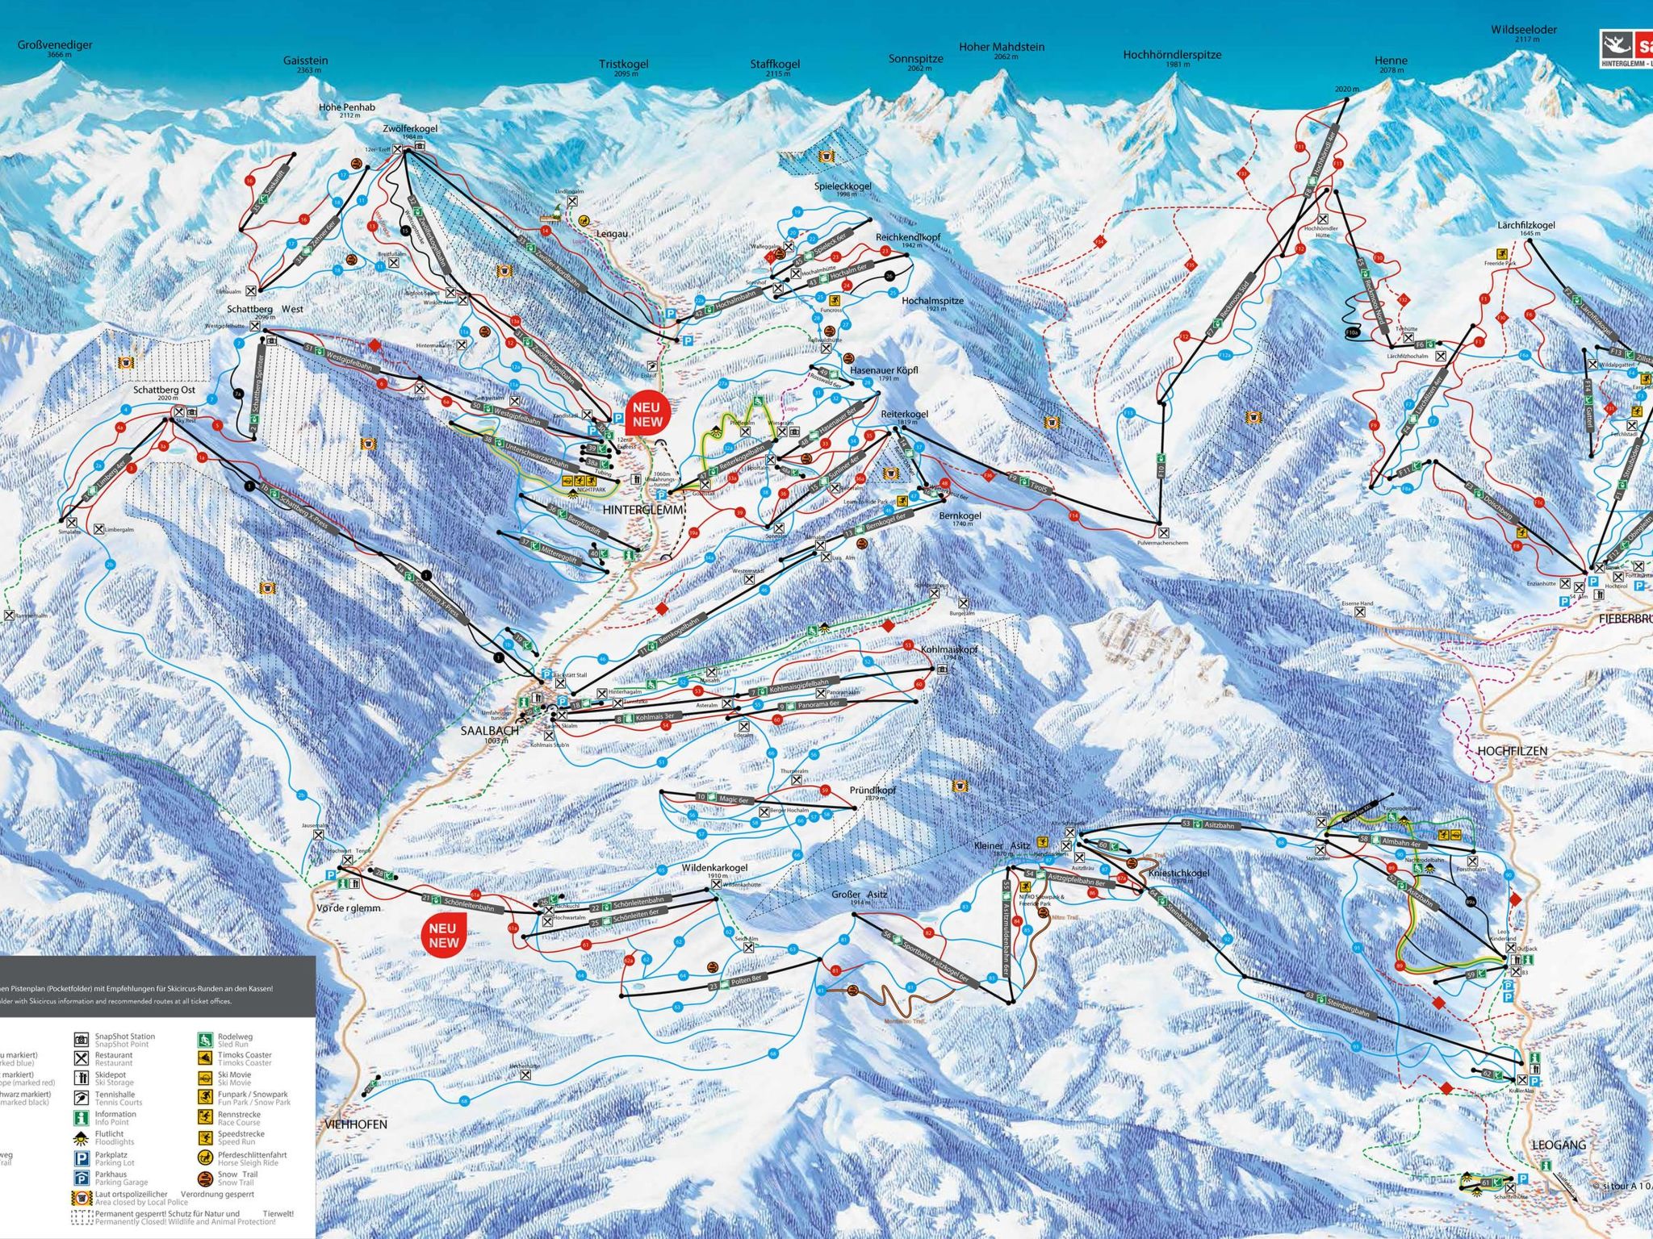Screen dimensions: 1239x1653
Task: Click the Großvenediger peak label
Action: [55, 45]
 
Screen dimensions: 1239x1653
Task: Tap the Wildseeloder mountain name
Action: [1524, 30]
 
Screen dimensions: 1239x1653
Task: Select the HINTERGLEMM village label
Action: [643, 510]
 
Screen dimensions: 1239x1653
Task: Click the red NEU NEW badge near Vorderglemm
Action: [443, 936]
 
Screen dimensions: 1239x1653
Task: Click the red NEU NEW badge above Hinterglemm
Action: [647, 415]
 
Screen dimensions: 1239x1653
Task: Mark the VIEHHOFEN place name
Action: [356, 1124]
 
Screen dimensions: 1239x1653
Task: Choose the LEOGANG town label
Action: [1559, 1145]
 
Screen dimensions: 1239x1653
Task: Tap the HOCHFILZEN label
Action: [1512, 751]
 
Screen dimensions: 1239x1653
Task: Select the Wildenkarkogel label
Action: [714, 868]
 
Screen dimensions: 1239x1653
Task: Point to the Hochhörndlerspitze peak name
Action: [1172, 55]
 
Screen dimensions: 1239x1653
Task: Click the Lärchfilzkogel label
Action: [1525, 226]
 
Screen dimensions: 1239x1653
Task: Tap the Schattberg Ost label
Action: [165, 390]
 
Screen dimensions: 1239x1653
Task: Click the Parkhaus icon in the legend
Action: [81, 1179]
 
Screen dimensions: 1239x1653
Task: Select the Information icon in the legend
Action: [81, 1118]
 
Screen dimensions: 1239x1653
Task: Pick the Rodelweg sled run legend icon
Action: [206, 1040]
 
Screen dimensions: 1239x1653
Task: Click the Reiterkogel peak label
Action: [904, 414]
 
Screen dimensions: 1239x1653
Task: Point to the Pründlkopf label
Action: [873, 791]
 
